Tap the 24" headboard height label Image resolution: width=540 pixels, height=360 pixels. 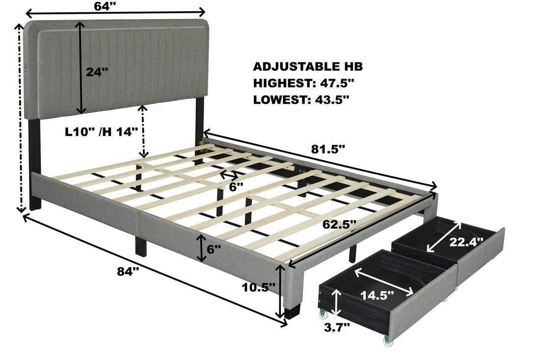96,72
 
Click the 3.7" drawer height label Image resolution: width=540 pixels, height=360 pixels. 337,326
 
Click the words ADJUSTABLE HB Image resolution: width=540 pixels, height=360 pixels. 308,67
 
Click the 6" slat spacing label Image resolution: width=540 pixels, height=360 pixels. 236,187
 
